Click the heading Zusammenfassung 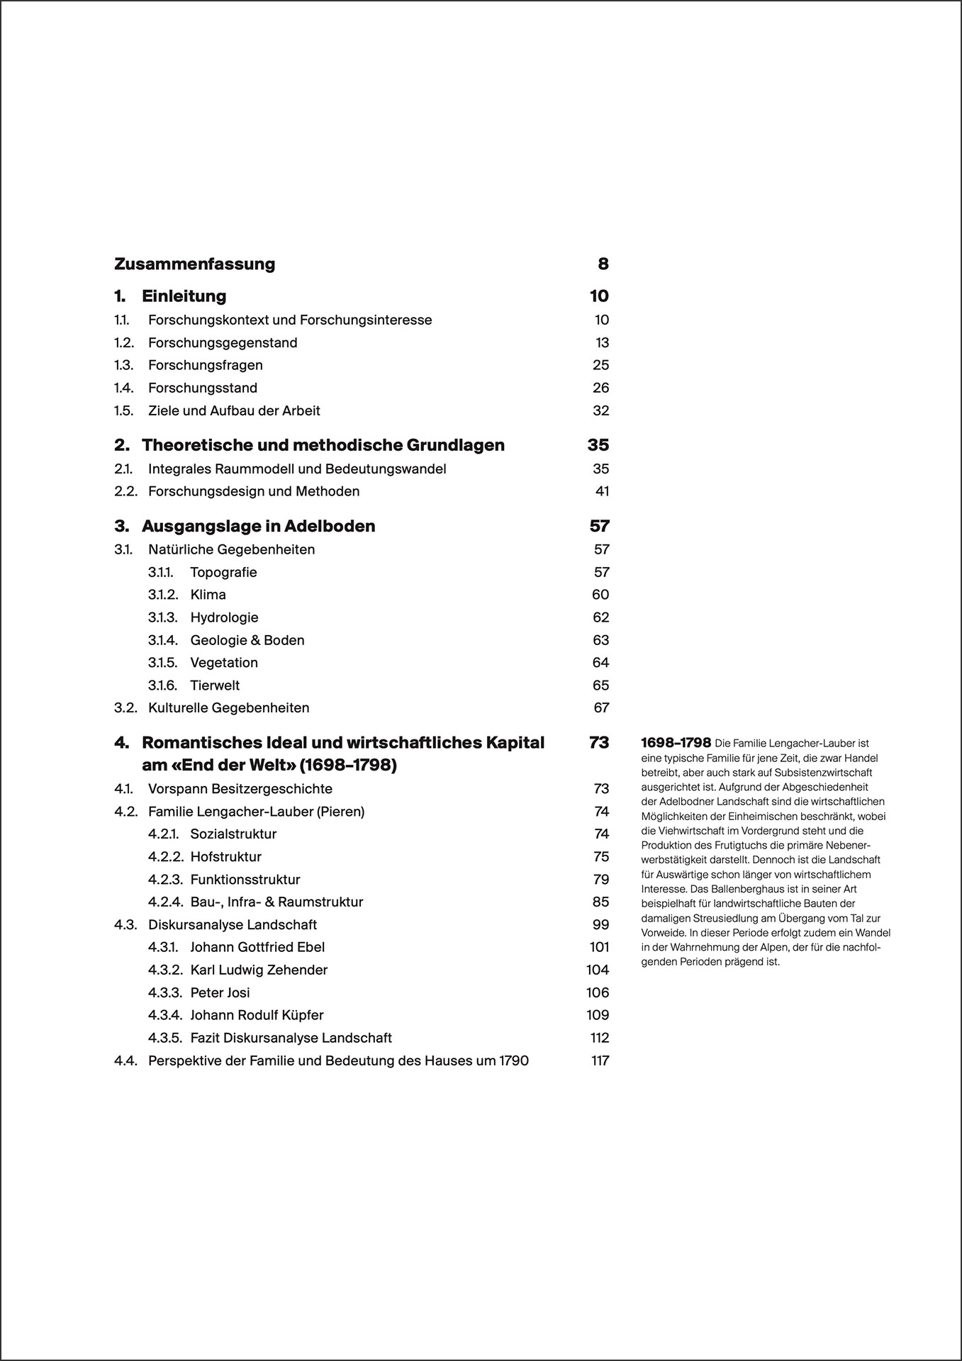194,264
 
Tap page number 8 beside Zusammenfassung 603,264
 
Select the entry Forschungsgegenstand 223,343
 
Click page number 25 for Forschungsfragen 600,366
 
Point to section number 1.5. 123,411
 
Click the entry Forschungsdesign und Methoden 254,492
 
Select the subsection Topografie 223,573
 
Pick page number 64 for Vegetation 600,663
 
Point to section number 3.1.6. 162,686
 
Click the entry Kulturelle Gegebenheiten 228,708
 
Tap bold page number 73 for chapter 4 598,743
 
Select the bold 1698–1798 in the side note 676,744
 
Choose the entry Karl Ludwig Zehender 259,970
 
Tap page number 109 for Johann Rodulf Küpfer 598,1016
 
